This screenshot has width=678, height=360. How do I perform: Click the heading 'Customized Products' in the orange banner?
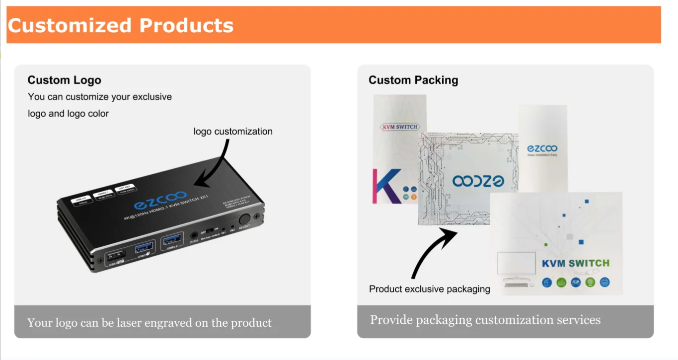tap(121, 25)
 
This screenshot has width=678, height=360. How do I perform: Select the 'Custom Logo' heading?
tap(64, 80)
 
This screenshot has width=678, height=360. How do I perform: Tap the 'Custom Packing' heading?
tap(413, 80)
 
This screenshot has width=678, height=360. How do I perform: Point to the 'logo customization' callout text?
tap(233, 132)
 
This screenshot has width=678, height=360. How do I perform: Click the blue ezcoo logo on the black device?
tap(160, 201)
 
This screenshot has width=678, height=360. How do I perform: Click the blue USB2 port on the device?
tap(144, 246)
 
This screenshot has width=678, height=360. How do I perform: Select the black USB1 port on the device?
tap(115, 254)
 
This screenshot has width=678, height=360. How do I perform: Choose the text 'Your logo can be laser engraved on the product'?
tap(149, 323)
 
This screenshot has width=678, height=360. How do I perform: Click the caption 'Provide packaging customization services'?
tap(485, 320)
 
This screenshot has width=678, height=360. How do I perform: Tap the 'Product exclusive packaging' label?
tap(430, 289)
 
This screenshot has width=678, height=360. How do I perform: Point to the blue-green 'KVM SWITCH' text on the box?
tap(575, 263)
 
